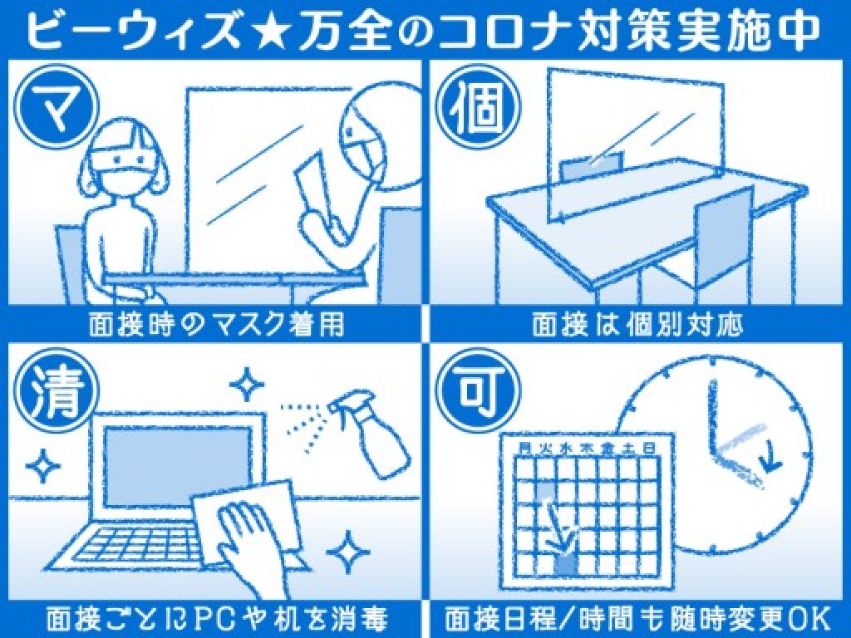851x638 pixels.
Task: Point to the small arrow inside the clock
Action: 769,460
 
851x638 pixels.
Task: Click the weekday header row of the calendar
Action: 586,448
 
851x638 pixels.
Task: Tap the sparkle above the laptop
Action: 247,384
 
